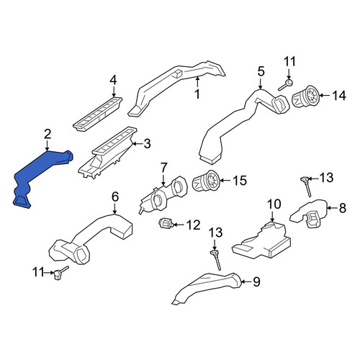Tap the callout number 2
[x=48, y=135]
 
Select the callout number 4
[x=113, y=80]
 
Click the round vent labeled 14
[x=305, y=96]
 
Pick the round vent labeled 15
[x=205, y=181]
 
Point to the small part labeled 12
[x=165, y=224]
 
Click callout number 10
[x=274, y=204]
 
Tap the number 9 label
[x=256, y=282]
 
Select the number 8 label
[x=343, y=208]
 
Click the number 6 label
[x=115, y=197]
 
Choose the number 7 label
[x=163, y=168]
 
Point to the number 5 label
[x=261, y=71]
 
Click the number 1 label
[x=197, y=94]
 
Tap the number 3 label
[x=147, y=143]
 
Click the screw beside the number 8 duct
[x=306, y=186]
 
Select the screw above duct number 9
[x=215, y=260]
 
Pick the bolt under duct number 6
[x=60, y=273]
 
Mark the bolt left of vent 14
[x=286, y=85]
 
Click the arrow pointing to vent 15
[x=225, y=181]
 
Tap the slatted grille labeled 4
[x=98, y=114]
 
